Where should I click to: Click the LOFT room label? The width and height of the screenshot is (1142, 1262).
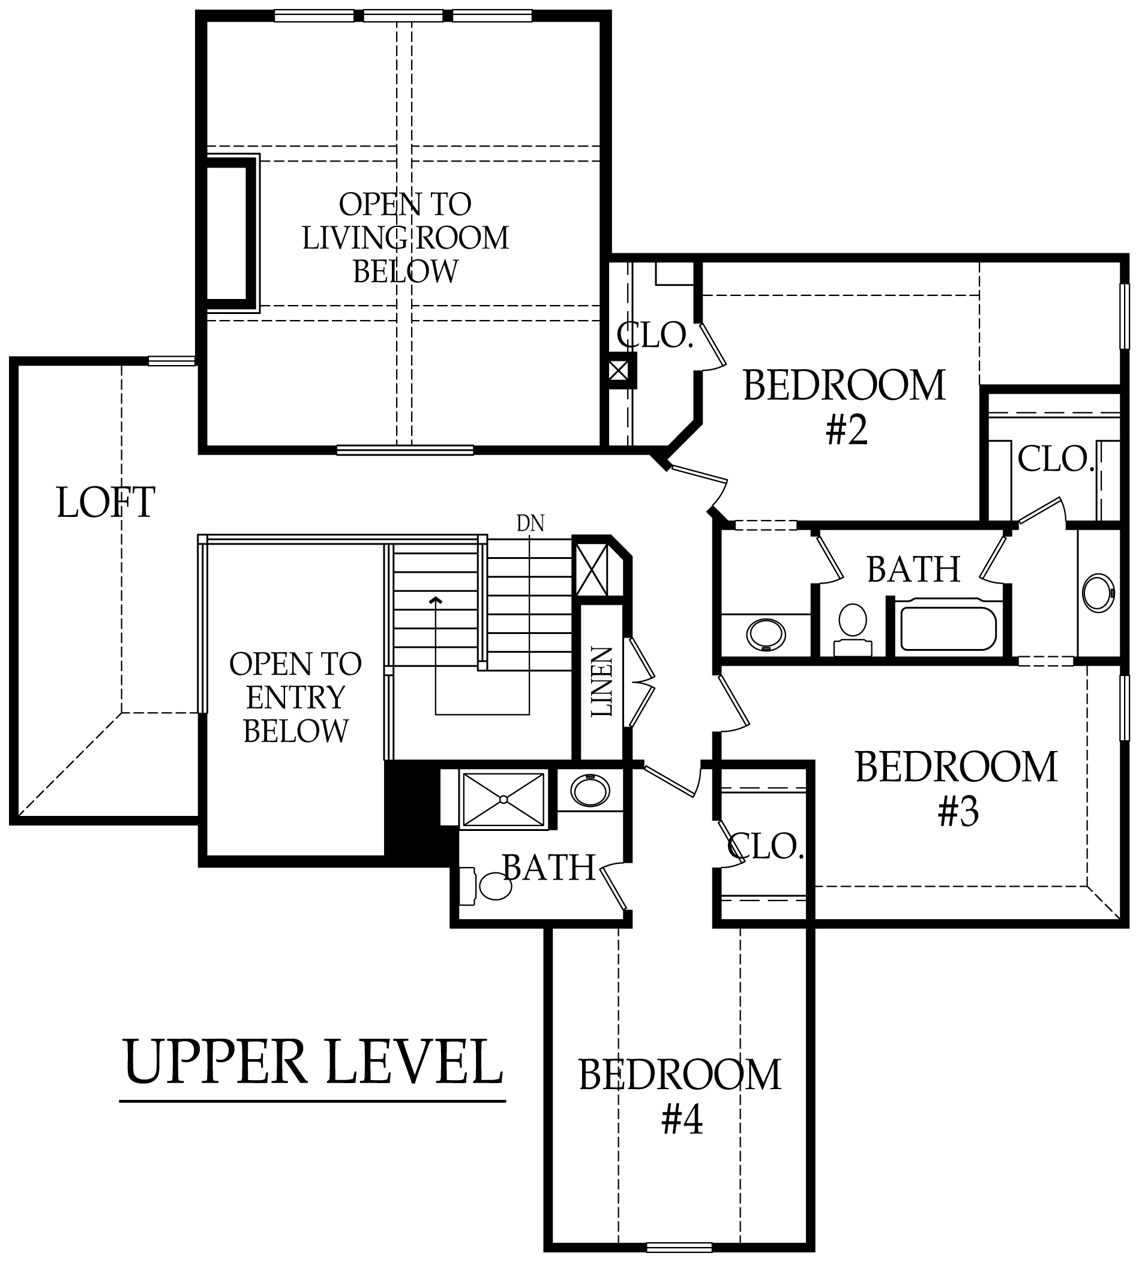[106, 503]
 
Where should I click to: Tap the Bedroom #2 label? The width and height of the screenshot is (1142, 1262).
[844, 407]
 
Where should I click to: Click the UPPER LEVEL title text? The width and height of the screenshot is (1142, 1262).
[313, 1063]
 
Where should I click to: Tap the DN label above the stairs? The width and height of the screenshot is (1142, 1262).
[530, 524]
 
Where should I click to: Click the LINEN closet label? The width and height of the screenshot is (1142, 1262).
[602, 681]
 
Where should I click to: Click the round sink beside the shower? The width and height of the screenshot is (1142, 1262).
[590, 791]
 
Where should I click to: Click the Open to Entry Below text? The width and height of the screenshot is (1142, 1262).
[295, 698]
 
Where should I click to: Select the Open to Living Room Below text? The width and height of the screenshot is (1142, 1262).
[406, 238]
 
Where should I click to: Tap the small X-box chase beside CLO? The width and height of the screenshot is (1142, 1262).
[618, 370]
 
